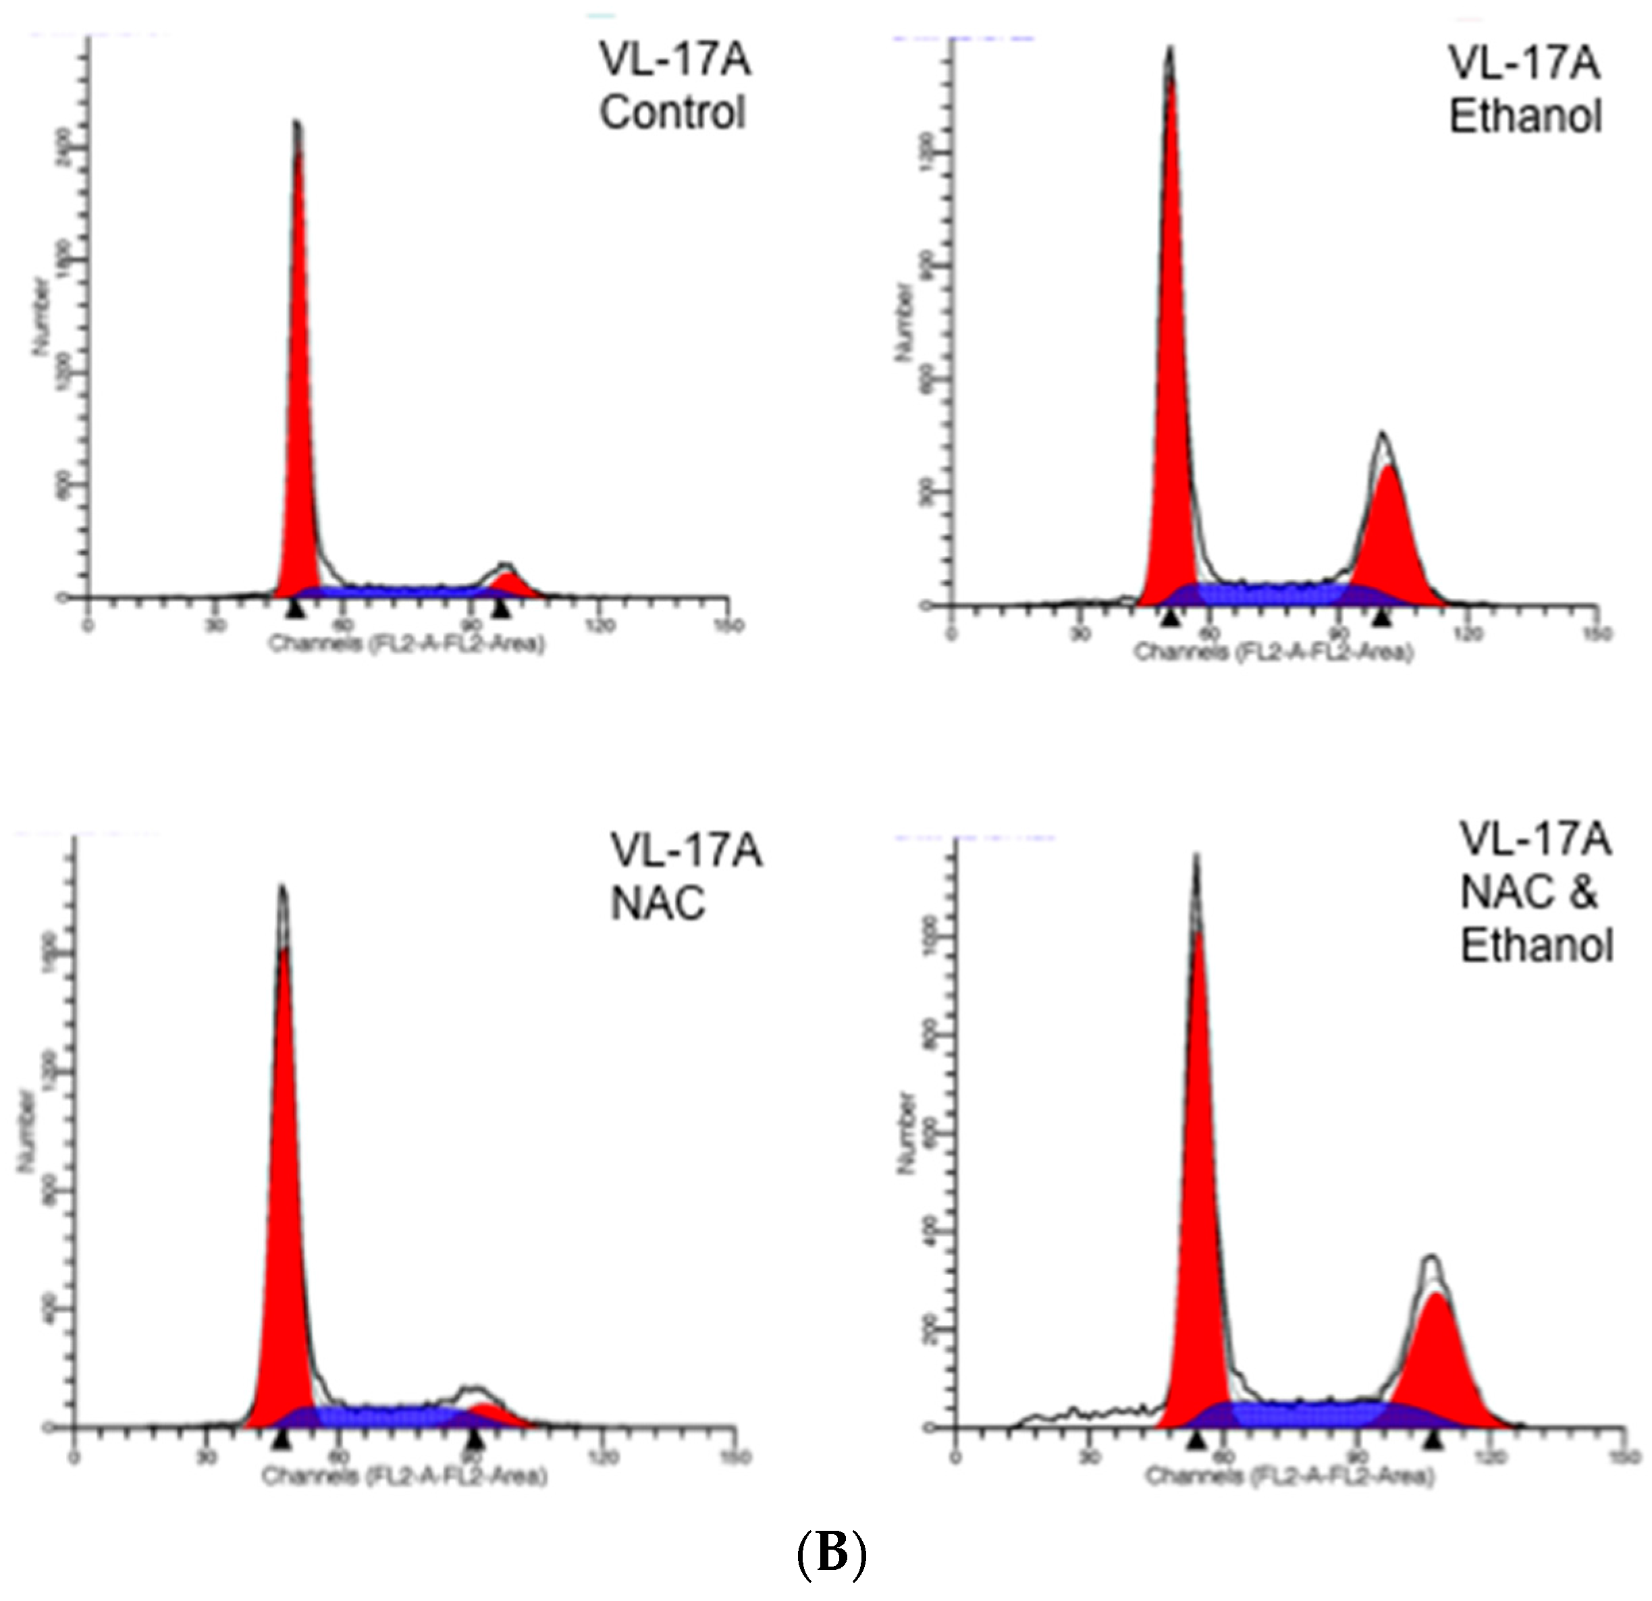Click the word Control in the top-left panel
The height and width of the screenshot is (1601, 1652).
[x=672, y=112]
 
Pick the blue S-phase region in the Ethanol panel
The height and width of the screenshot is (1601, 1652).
[x=1273, y=594]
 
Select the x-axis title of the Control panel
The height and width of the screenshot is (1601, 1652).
[x=407, y=645]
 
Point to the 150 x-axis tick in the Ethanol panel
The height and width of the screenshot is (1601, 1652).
[x=1595, y=634]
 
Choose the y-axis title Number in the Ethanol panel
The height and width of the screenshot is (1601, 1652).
[x=905, y=323]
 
